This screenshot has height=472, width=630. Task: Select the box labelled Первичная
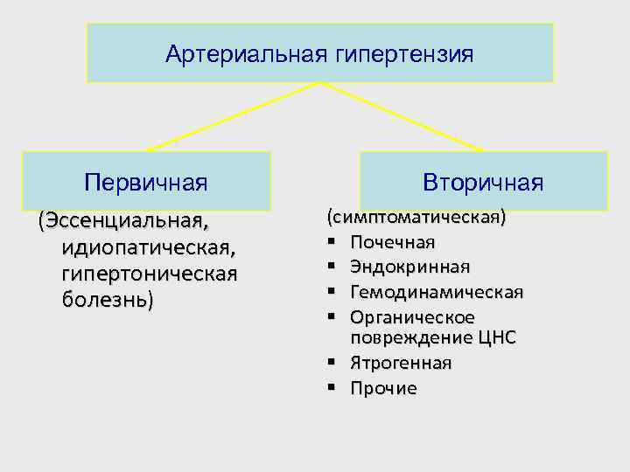click(x=146, y=182)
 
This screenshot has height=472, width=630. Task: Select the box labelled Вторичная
click(x=483, y=182)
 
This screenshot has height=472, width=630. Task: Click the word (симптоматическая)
click(x=416, y=216)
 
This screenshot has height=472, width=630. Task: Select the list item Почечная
click(x=393, y=241)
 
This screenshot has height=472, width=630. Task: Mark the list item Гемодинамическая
click(x=436, y=291)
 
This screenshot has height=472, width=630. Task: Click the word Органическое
click(x=412, y=316)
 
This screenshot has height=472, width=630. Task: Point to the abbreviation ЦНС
click(x=496, y=337)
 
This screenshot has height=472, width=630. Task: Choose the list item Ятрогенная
click(x=401, y=363)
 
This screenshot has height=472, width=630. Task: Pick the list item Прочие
click(x=383, y=388)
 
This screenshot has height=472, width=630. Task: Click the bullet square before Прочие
click(x=332, y=386)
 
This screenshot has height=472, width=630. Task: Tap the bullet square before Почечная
click(x=332, y=239)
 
